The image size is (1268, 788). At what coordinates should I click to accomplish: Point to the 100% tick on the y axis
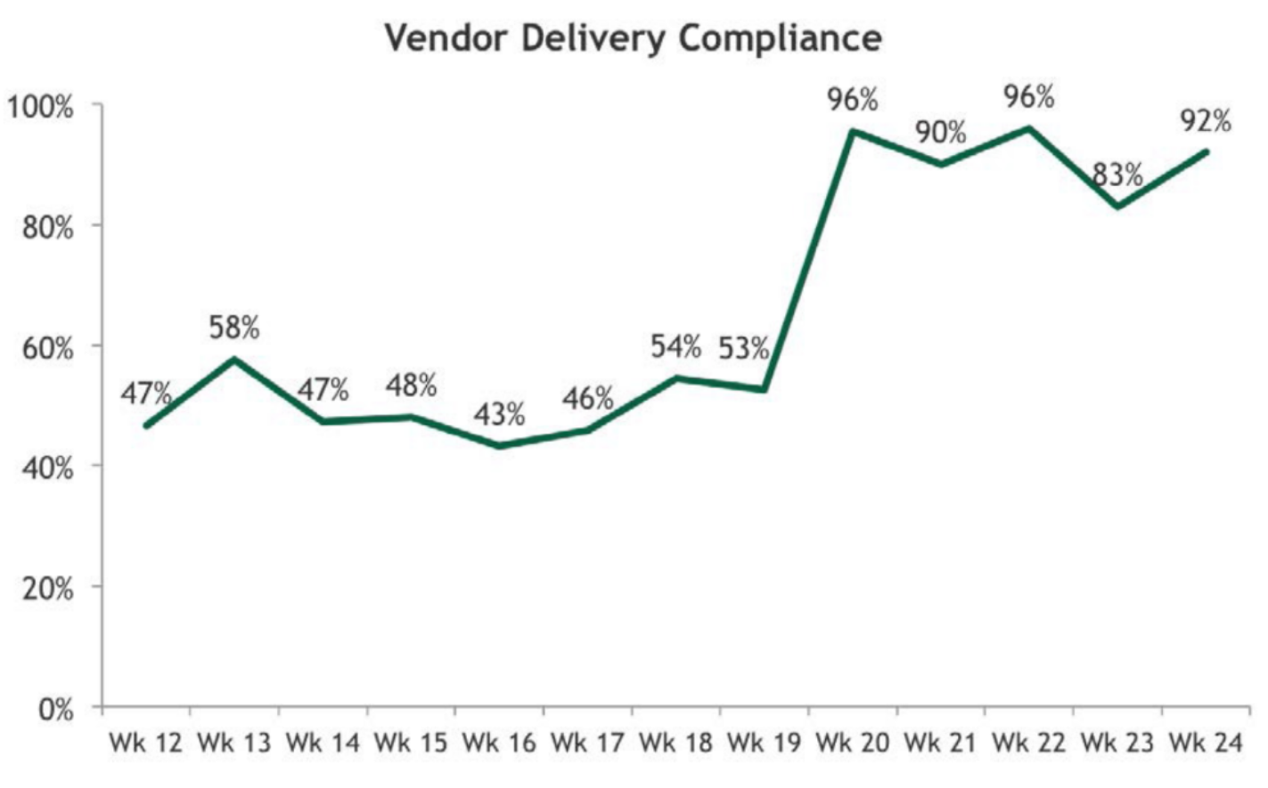pos(40,107)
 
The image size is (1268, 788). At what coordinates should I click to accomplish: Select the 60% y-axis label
pos(47,348)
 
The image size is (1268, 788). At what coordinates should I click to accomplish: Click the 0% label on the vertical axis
pos(55,711)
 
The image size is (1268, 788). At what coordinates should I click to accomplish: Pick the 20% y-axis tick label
pos(47,589)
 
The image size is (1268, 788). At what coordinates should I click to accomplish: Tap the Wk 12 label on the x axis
pos(145,743)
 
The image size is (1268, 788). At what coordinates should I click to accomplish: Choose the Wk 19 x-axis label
pos(764,743)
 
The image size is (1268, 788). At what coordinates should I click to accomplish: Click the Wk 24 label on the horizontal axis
pos(1206,743)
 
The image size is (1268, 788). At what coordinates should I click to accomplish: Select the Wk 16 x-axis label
pos(499,743)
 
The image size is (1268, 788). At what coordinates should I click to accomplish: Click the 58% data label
pos(234,328)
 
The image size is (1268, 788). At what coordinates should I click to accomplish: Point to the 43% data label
pos(499,414)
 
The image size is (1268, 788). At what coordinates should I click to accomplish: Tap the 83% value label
pos(1117,175)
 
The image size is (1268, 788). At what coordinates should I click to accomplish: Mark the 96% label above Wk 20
pos(853,100)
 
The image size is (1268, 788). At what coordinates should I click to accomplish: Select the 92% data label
pos(1206,120)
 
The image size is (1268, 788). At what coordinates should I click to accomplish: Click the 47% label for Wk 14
pos(323,389)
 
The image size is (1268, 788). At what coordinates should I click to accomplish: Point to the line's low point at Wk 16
pos(499,445)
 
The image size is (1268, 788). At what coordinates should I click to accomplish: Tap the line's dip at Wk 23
pos(1117,207)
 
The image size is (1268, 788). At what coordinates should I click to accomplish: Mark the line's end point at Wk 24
pos(1207,151)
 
